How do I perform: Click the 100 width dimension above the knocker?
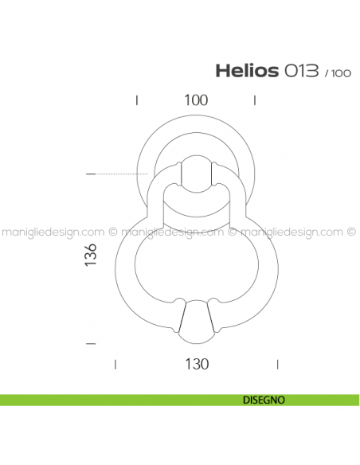pos(195,100)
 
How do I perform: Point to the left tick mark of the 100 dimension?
pos(138,100)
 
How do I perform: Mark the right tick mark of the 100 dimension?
pos(253,100)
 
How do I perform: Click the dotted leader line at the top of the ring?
pos(123,174)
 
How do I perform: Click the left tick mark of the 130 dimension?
pos(116,364)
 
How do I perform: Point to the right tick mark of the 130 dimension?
pos(276,364)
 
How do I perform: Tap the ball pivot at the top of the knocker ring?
pos(195,174)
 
